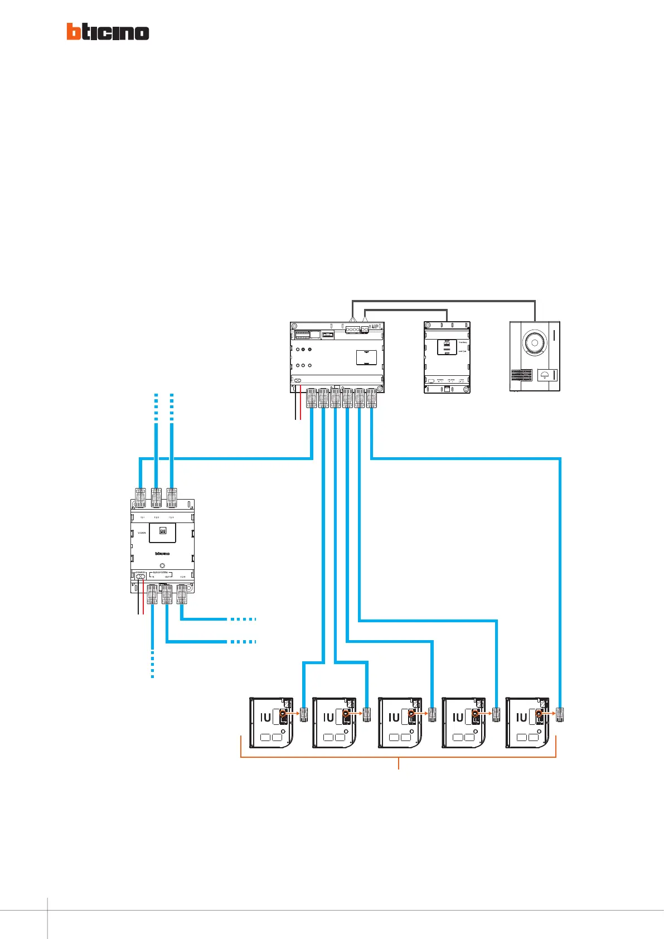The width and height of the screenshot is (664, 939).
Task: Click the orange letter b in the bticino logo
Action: tap(74, 31)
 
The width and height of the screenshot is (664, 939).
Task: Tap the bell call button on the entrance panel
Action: tap(544, 375)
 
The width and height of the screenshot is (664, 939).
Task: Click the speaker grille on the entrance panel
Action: tap(521, 380)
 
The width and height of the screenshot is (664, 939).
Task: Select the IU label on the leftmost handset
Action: tap(265, 718)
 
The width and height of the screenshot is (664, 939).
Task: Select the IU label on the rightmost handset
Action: tap(521, 718)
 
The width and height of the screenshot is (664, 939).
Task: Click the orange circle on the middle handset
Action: tap(411, 714)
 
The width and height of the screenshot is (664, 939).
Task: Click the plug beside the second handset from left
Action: tap(367, 714)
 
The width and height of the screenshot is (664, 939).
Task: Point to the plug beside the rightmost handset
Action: tap(560, 714)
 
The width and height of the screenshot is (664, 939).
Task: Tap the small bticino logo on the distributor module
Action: tap(162, 554)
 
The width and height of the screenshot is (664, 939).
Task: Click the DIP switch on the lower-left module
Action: tap(162, 532)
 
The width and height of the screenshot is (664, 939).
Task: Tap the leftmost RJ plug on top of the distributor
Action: tap(140, 498)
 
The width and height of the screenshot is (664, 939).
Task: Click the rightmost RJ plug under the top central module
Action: tap(371, 398)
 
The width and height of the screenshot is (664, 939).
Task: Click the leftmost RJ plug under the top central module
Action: tap(312, 398)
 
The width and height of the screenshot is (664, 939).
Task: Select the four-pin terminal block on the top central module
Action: tap(353, 330)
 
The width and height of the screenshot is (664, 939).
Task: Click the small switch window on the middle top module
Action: tap(447, 346)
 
